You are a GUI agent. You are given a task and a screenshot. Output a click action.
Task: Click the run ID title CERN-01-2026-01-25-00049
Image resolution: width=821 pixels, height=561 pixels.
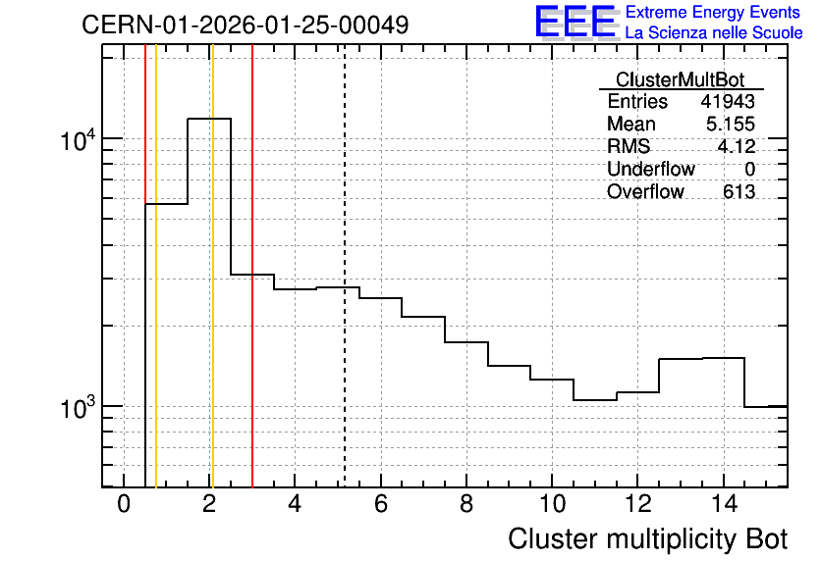[x=246, y=25]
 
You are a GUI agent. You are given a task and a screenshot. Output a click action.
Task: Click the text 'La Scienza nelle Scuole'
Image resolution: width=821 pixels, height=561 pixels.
[x=714, y=33]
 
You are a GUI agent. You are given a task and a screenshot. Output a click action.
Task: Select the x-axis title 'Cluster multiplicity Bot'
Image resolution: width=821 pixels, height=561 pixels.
[x=648, y=539]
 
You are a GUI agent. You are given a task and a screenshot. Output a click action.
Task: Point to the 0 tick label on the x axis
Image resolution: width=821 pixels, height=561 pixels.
[x=124, y=504]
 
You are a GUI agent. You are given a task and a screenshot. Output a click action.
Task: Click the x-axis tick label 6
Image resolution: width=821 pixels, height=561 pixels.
[x=381, y=504]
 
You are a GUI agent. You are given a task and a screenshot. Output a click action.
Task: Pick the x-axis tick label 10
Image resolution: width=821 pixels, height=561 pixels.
[x=552, y=504]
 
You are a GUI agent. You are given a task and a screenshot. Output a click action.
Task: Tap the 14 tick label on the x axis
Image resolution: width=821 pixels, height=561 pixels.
[x=724, y=504]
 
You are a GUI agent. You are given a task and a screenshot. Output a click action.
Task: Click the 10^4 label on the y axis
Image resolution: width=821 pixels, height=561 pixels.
[x=79, y=140]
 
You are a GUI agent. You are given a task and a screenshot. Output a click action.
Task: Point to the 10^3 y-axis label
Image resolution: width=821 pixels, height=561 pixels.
[x=79, y=408]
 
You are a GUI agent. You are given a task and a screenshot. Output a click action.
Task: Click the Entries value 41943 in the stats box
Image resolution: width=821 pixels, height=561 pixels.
[x=728, y=101]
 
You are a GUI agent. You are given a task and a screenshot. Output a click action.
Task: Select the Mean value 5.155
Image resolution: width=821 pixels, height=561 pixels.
[x=731, y=124]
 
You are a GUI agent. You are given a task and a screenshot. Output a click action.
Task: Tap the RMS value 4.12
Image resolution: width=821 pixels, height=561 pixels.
[x=737, y=146]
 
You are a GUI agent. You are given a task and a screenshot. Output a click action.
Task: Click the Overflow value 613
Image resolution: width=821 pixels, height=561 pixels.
[x=739, y=192]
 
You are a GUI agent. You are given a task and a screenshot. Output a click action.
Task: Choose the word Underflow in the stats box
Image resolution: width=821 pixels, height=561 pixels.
[x=650, y=169]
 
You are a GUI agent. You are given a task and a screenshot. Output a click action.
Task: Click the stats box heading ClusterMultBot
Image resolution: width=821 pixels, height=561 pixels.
[x=681, y=79]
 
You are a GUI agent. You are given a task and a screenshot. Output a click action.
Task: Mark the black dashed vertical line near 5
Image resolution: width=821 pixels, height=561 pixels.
[x=345, y=266]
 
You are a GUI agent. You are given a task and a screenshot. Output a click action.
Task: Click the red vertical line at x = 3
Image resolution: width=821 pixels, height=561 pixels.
[x=252, y=266]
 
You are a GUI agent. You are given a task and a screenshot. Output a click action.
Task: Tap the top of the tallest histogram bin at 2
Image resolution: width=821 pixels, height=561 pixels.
[x=209, y=119]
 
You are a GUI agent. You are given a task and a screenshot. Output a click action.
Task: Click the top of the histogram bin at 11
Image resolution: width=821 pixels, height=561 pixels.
[x=595, y=400]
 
